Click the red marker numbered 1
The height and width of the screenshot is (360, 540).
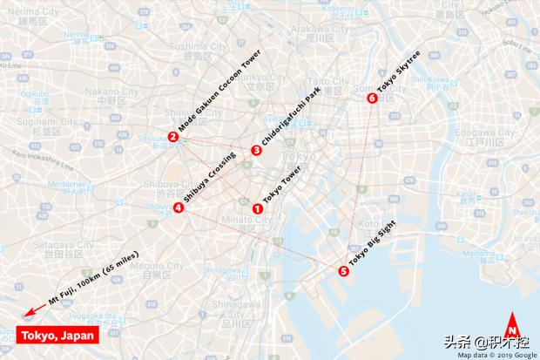[257, 208]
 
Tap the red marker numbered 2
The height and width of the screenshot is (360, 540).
[173, 137]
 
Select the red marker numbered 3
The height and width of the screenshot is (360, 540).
[255, 150]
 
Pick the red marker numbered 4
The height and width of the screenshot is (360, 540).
[178, 207]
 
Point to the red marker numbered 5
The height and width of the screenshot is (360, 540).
[342, 271]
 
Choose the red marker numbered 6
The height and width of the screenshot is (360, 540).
[373, 98]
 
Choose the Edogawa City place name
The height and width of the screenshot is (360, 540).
[481, 132]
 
